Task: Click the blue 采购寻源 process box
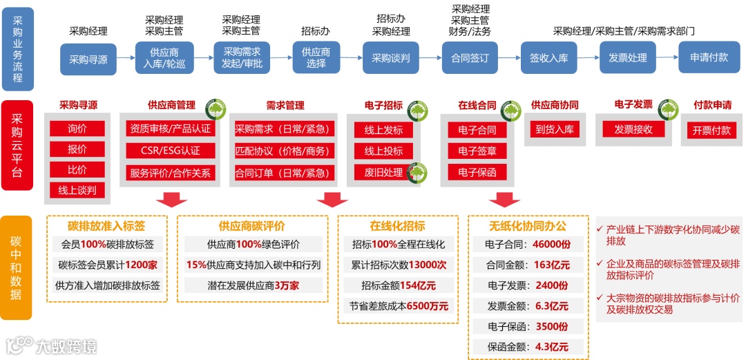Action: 88,59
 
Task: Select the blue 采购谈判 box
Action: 391,58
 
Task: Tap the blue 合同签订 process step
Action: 470,58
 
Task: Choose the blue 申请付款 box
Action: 709,58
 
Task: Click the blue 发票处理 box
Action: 627,58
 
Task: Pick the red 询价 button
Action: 77,129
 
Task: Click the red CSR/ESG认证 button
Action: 171,151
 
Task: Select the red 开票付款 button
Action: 711,131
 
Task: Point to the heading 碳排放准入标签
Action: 106,226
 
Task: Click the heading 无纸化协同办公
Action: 527,226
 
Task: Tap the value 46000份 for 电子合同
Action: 551,244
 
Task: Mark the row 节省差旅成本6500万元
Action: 399,305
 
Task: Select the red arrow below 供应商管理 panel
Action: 171,200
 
